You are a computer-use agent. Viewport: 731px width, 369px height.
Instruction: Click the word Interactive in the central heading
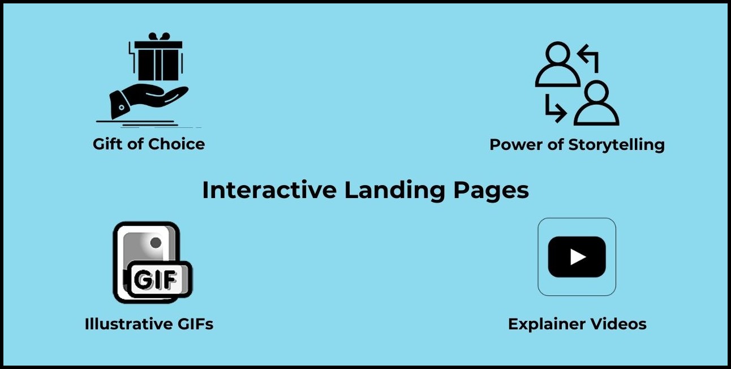click(x=269, y=190)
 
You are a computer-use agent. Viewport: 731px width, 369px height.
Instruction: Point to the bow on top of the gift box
click(x=159, y=36)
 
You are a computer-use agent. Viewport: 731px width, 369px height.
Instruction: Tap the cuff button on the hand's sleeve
click(x=122, y=107)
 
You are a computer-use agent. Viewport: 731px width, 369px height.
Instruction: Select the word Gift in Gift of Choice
click(x=107, y=144)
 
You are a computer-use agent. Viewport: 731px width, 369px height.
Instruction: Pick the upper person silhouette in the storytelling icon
click(x=558, y=64)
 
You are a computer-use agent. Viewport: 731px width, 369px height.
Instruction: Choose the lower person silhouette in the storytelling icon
click(x=596, y=103)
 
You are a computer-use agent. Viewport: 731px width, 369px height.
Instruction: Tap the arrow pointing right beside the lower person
click(x=556, y=109)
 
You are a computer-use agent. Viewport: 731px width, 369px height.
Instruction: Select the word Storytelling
click(x=617, y=145)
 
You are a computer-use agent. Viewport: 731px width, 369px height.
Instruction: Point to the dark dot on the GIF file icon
click(x=156, y=243)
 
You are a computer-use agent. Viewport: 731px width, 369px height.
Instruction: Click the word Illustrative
click(x=128, y=324)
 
